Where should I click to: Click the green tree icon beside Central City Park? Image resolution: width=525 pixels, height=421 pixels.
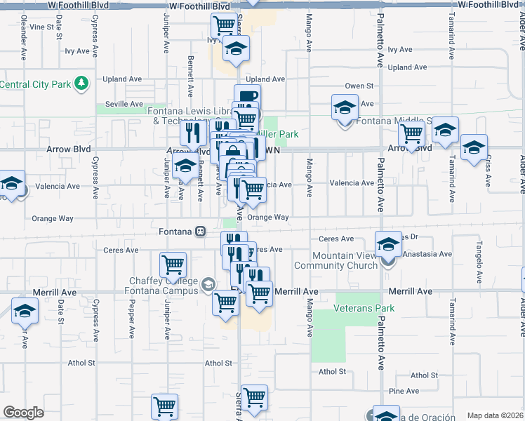tap(81, 84)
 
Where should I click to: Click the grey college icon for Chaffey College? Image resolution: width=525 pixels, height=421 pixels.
tap(208, 284)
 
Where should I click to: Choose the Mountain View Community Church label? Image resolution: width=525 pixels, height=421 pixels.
tap(345, 260)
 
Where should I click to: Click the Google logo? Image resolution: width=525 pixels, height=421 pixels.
tap(23, 413)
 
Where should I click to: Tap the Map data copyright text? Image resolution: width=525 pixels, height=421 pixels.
tap(494, 415)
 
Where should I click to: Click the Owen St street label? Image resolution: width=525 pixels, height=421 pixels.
tap(359, 86)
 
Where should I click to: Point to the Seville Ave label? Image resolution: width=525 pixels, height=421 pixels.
tap(124, 103)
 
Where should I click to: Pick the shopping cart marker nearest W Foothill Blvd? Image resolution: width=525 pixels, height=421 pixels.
tap(224, 25)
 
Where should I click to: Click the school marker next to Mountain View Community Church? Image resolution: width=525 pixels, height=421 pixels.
tap(388, 244)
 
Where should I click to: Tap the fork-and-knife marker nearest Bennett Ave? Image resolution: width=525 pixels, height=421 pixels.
tap(192, 132)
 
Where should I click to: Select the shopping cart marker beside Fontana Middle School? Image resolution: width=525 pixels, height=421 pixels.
tap(411, 133)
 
